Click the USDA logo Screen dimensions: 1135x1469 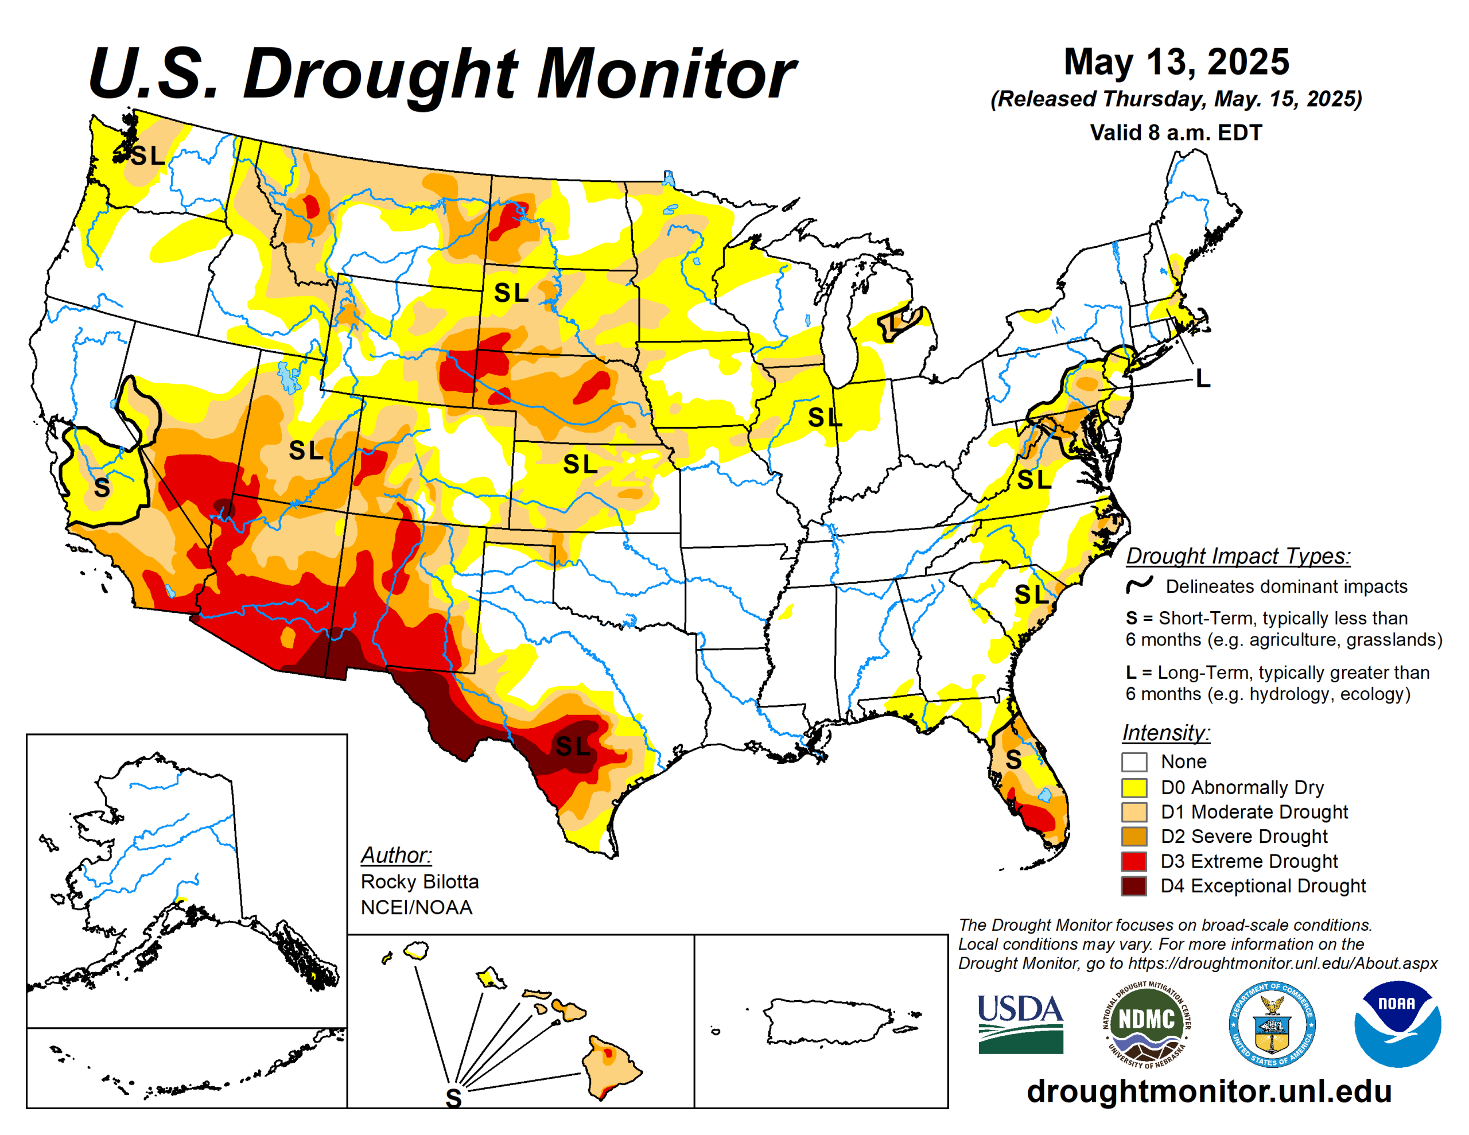tap(1020, 1023)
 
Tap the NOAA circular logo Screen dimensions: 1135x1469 tap(1397, 1023)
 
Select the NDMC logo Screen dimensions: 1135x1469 tap(1146, 1023)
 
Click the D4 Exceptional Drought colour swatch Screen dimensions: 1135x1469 tap(1133, 885)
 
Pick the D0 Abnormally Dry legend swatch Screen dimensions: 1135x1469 tap(1133, 787)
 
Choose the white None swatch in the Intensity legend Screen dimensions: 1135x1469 tap(1133, 761)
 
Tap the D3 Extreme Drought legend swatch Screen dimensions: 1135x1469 tap(1133, 861)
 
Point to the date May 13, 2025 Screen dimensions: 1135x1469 tap(1176, 62)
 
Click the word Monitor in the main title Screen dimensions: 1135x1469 tap(666, 74)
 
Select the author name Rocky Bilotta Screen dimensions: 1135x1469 tap(419, 881)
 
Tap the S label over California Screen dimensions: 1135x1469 tap(102, 488)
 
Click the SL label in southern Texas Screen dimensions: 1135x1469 tap(573, 745)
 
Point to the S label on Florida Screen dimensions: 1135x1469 tap(1013, 760)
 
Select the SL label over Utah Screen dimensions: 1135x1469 tap(306, 450)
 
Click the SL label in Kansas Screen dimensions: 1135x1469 tap(580, 464)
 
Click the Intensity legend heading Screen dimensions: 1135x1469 tap(1165, 732)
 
